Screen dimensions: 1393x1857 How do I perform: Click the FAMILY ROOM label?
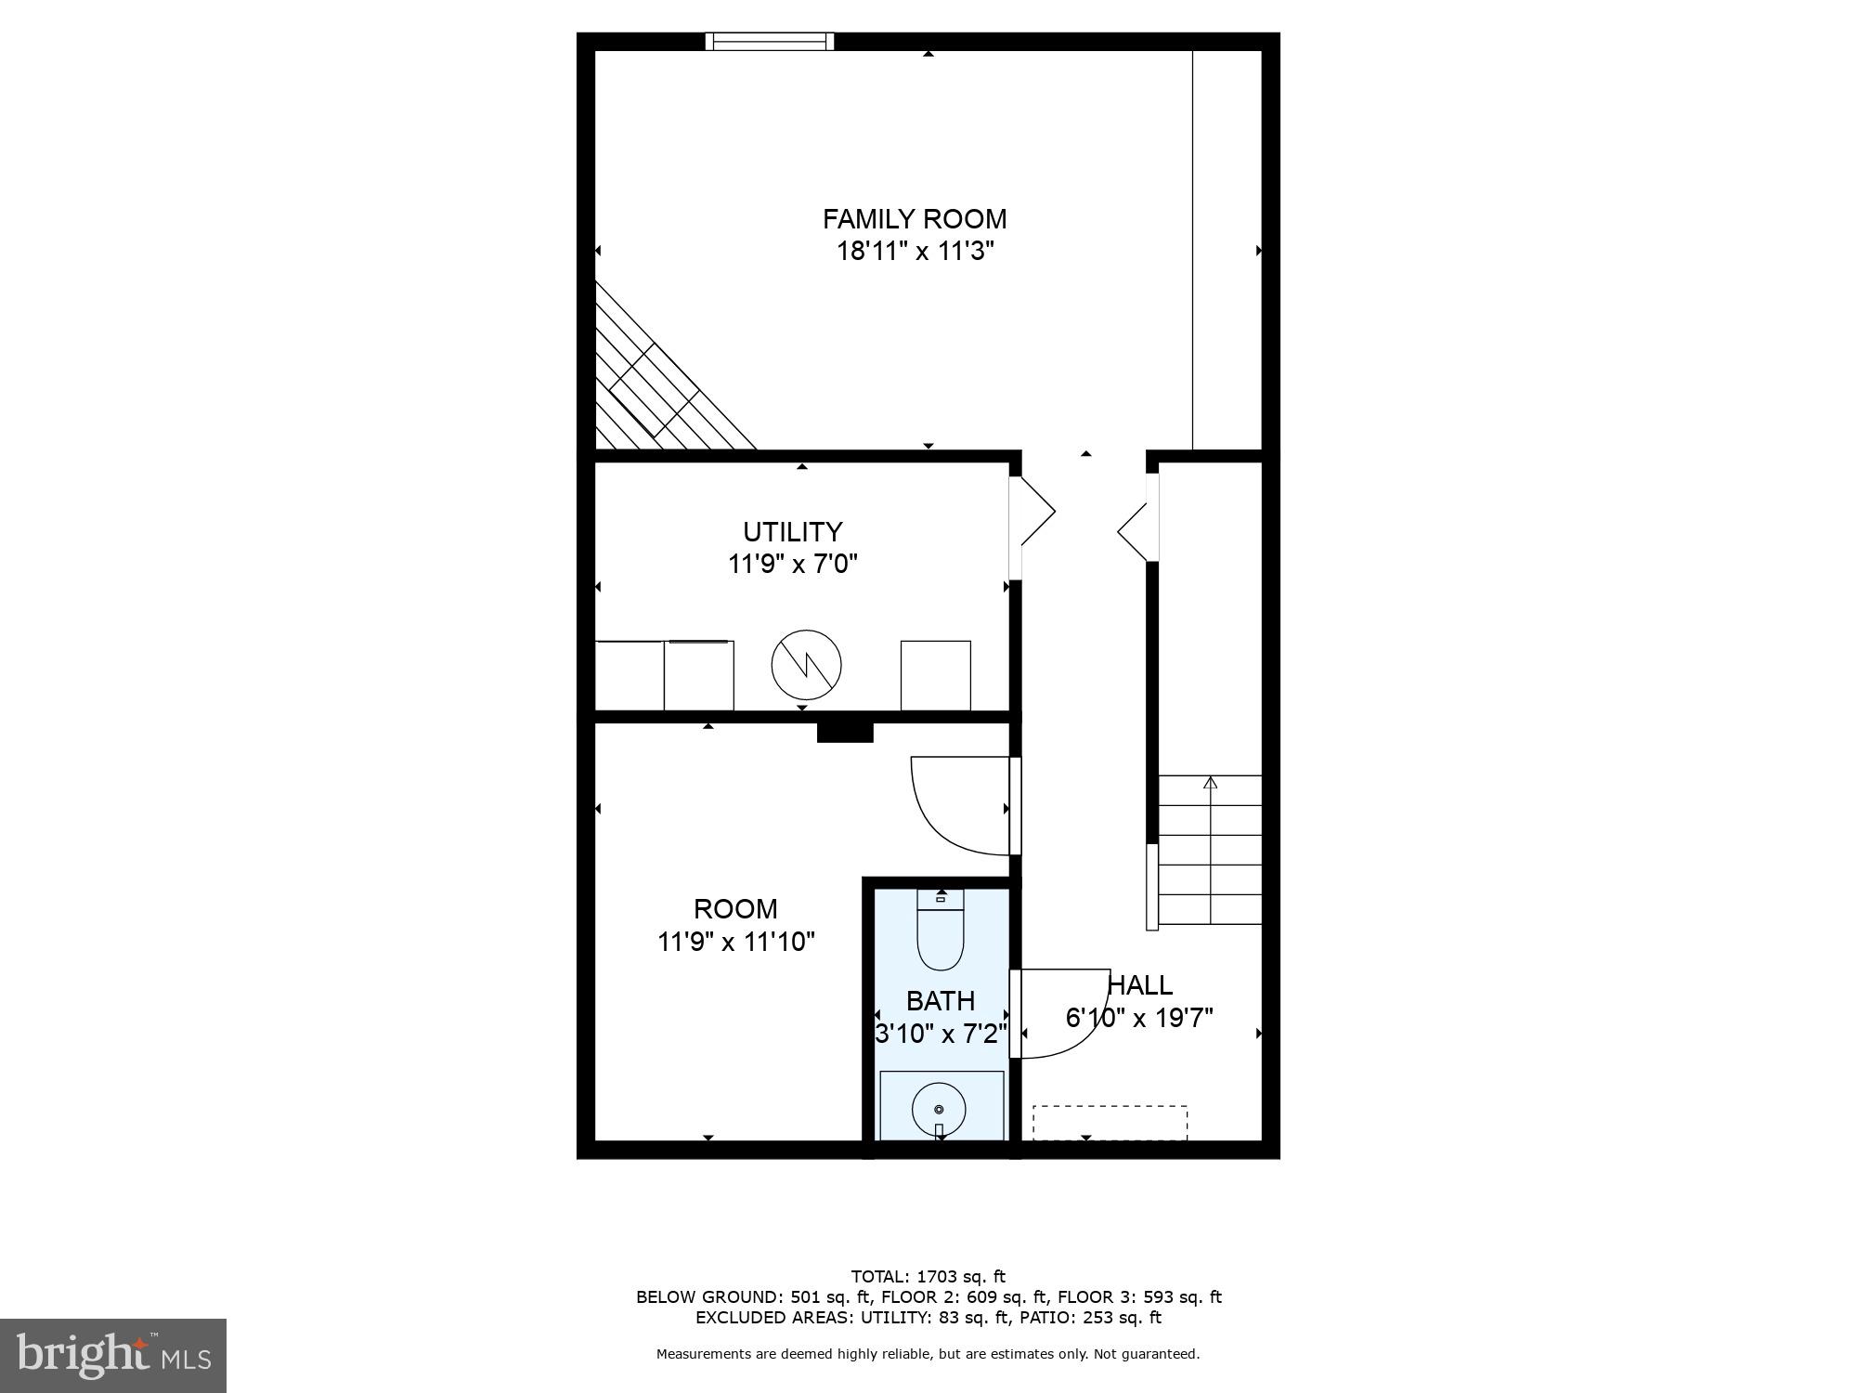click(915, 219)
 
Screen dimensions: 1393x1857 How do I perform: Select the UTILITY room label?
click(792, 532)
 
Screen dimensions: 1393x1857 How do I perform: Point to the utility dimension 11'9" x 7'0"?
click(792, 564)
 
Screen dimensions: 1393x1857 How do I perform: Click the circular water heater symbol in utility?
click(806, 665)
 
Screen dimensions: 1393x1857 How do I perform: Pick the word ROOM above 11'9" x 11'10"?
click(735, 909)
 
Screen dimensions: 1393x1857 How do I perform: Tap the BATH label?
click(940, 1001)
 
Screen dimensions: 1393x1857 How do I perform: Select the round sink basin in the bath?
click(939, 1109)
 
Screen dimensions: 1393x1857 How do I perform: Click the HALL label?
click(1141, 985)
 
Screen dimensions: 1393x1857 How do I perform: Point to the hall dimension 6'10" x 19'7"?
click(1139, 1018)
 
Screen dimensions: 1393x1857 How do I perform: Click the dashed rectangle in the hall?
click(1110, 1122)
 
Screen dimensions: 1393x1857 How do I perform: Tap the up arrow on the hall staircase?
click(1210, 783)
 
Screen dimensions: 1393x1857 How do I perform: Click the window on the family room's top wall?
click(770, 41)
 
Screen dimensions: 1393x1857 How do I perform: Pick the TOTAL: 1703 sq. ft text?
click(928, 1277)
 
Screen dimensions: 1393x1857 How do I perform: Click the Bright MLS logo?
click(113, 1355)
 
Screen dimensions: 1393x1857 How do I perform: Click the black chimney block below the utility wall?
click(845, 733)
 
